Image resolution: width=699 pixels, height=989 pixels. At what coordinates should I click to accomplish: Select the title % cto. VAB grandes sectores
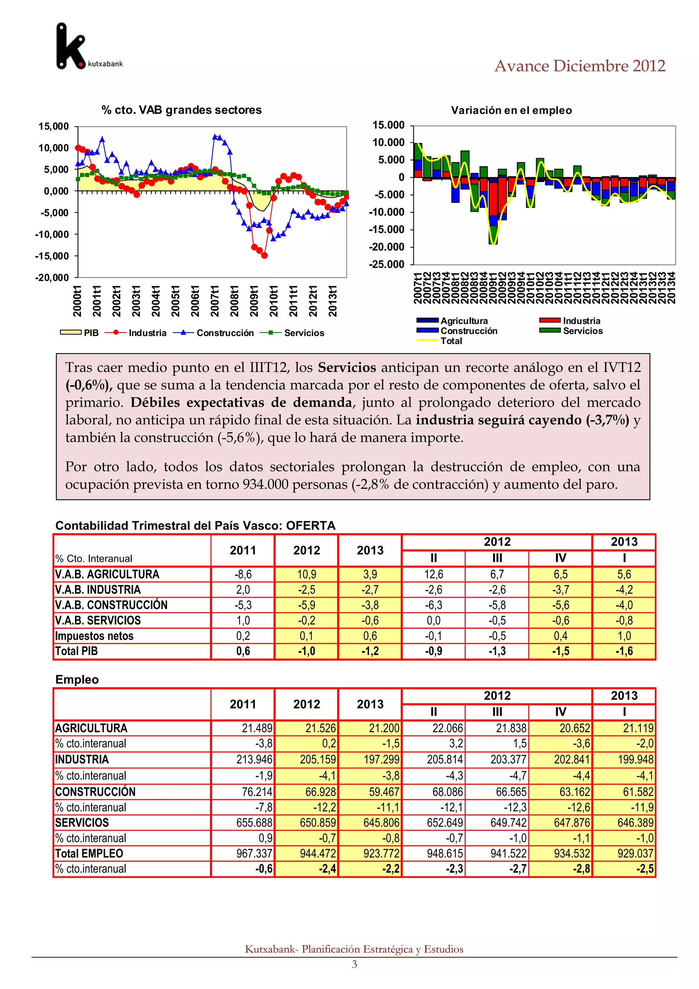(181, 110)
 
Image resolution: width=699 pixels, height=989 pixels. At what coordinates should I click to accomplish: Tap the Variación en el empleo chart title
(511, 110)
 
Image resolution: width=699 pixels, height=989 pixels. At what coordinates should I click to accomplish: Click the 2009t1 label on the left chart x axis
(254, 301)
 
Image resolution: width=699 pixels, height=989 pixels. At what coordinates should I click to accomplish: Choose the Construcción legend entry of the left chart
(225, 333)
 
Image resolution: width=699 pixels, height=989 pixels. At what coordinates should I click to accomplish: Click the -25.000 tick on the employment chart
(386, 264)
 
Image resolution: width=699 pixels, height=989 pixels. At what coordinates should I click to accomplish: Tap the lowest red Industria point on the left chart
(264, 255)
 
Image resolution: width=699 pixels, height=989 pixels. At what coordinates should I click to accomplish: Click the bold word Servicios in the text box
(346, 367)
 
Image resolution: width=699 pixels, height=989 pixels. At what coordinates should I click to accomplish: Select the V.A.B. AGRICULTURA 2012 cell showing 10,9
(306, 574)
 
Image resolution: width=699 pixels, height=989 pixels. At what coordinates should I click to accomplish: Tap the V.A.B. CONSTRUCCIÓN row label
(111, 605)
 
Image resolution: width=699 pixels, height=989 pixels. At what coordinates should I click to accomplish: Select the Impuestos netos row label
(94, 636)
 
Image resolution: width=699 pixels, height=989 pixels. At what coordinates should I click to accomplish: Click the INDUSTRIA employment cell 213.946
(254, 760)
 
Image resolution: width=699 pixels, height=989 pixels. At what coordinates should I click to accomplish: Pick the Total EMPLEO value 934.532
(572, 853)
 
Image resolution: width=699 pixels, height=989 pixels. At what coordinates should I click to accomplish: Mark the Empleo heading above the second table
(77, 679)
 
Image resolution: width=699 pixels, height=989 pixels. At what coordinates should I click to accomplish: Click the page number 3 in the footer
(354, 964)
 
